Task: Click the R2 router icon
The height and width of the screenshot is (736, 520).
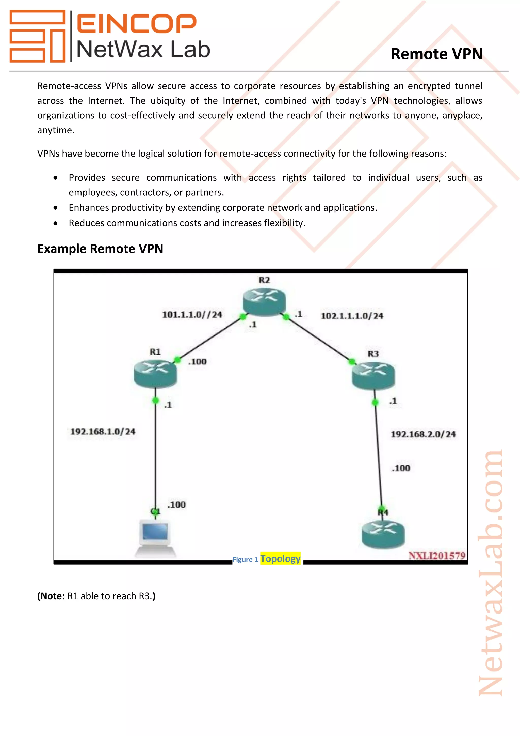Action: pos(264,302)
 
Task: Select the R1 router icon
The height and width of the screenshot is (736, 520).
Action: pos(155,373)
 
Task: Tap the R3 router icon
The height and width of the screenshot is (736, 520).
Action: pos(373,375)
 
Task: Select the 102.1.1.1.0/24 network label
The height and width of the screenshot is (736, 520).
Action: pos(352,316)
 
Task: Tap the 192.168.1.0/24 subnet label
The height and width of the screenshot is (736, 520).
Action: pos(103,432)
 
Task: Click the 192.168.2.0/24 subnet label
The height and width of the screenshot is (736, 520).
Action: pos(423,434)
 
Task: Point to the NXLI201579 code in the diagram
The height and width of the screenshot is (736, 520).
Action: pos(437,556)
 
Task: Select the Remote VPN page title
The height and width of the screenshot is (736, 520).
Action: pos(436,54)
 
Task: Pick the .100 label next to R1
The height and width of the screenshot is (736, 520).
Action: pos(197,362)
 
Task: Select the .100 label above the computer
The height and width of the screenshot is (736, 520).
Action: pos(176,505)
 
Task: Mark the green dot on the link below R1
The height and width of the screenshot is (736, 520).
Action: pos(156,400)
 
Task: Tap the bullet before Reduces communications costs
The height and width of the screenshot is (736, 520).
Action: pos(56,223)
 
